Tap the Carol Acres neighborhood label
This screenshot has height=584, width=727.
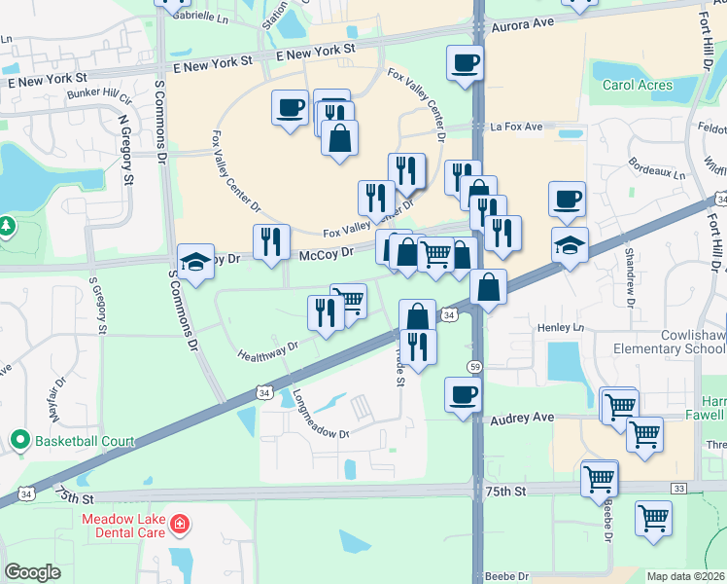pos(638,85)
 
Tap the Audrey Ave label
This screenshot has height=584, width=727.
pos(522,417)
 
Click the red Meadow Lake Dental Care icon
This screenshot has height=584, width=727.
pos(179,526)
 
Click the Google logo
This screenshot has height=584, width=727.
pos(33,572)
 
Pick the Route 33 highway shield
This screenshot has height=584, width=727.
pos(678,487)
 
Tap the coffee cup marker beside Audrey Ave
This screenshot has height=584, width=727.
pos(463,394)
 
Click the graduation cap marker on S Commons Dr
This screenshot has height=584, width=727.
pos(195,262)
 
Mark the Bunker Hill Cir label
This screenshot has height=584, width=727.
pos(99,95)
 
